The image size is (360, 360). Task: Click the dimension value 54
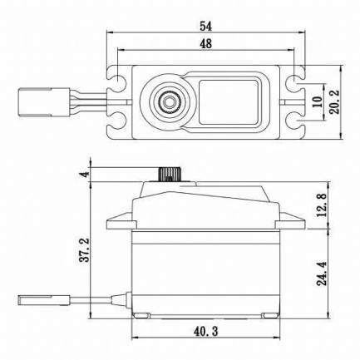[205, 25]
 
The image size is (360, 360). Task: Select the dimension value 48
[205, 42]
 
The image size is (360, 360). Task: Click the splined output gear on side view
[168, 172]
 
